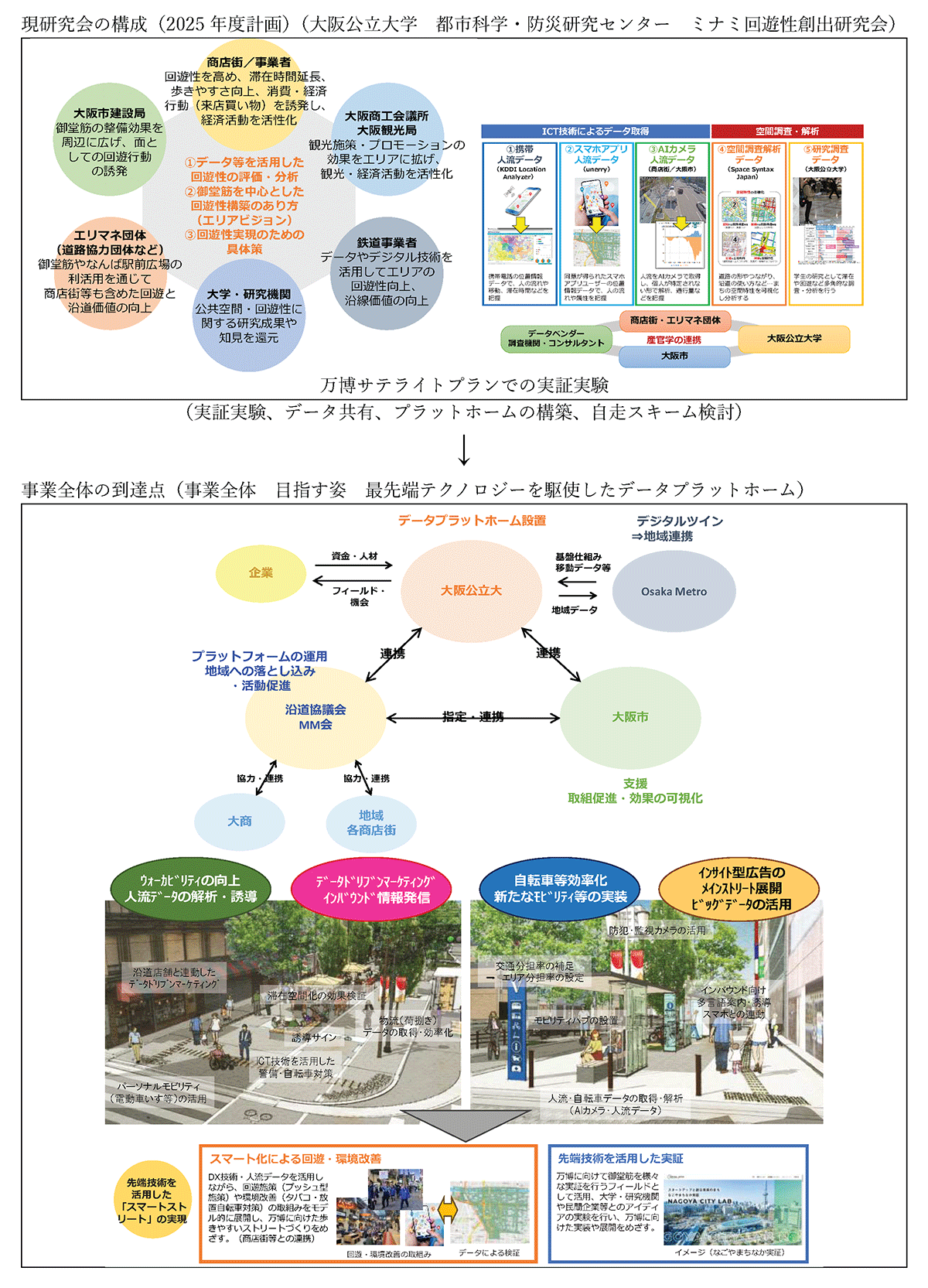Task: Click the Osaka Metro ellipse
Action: coord(674,591)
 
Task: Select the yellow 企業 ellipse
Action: coord(261,573)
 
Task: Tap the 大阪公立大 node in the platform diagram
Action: coord(471,590)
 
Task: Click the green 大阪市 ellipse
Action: coord(630,718)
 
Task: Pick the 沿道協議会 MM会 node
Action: coord(316,717)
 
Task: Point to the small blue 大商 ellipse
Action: coord(240,822)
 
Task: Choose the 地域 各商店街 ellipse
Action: coord(371,823)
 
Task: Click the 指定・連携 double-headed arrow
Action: coord(473,718)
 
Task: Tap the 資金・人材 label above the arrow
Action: coord(354,556)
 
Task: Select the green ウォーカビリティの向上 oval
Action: coord(190,888)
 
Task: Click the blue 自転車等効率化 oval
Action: coord(560,889)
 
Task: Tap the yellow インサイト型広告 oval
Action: coord(741,888)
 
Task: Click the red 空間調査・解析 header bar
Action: coord(787,132)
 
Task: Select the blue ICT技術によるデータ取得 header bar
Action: coord(595,132)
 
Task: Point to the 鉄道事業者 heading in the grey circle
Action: coord(387,243)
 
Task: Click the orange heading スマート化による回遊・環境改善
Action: coord(295,1158)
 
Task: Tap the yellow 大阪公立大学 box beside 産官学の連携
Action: coord(794,339)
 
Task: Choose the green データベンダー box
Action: coord(557,338)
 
